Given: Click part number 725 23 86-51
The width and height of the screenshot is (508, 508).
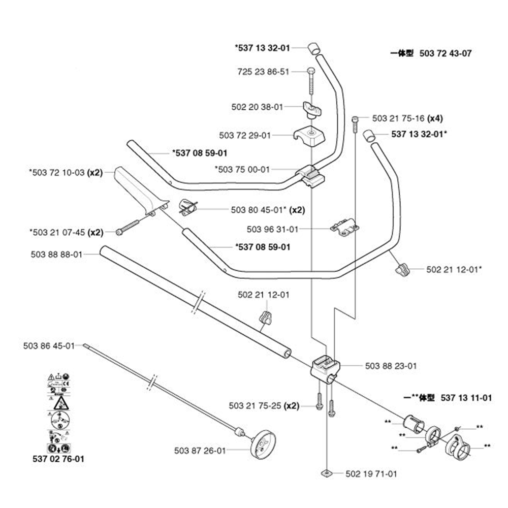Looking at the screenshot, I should pyautogui.click(x=263, y=72).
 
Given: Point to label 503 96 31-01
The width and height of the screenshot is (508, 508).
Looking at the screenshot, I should pyautogui.click(x=272, y=230).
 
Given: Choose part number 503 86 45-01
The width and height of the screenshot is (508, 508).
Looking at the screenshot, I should pyautogui.click(x=49, y=346).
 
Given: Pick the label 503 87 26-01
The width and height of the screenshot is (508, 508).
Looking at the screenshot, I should pyautogui.click(x=199, y=450).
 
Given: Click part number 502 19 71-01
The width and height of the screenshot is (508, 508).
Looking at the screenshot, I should pyautogui.click(x=371, y=473).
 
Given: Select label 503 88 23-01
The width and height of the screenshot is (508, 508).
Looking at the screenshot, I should pyautogui.click(x=391, y=366).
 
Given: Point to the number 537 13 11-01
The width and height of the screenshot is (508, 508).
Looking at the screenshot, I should pyautogui.click(x=466, y=398).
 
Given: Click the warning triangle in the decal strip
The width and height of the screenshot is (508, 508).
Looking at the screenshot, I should pyautogui.click(x=61, y=404).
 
